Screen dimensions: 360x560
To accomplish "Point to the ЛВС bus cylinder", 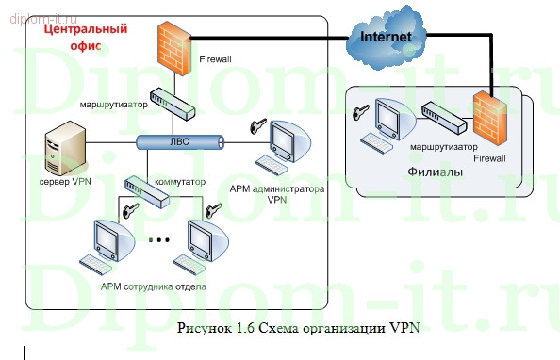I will point(179,142).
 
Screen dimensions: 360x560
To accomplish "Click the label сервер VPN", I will point(65,181).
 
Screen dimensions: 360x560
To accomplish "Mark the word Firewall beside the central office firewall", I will point(214,59).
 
